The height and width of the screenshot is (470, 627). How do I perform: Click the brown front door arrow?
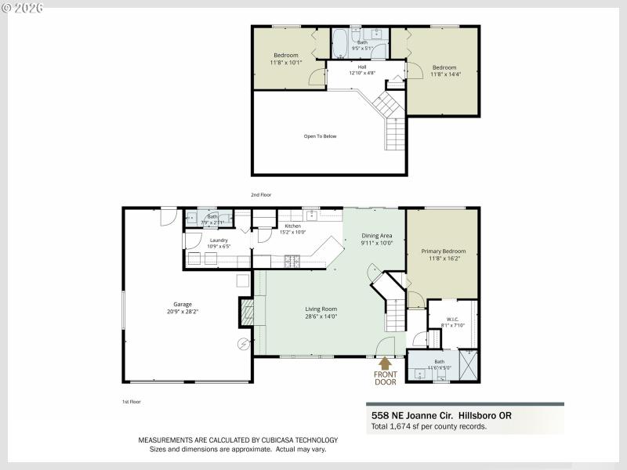pyautogui.click(x=384, y=363)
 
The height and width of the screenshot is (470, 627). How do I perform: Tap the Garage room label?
pyautogui.click(x=183, y=304)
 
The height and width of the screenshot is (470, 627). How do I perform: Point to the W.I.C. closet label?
pyautogui.click(x=452, y=319)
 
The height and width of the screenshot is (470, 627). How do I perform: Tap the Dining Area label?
pyautogui.click(x=376, y=236)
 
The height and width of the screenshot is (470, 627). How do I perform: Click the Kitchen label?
pyautogui.click(x=292, y=226)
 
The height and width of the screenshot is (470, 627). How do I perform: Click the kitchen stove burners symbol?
pyautogui.click(x=293, y=260)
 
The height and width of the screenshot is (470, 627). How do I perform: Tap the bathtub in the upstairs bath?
pyautogui.click(x=342, y=43)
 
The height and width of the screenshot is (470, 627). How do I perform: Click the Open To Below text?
pyautogui.click(x=320, y=136)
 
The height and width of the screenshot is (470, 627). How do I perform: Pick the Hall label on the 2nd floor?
pyautogui.click(x=362, y=67)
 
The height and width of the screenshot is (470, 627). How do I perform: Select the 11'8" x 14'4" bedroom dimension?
pyautogui.click(x=444, y=74)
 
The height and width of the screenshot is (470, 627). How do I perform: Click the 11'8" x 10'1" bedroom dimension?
pyautogui.click(x=285, y=62)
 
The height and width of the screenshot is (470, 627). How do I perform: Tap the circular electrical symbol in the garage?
pyautogui.click(x=243, y=344)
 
